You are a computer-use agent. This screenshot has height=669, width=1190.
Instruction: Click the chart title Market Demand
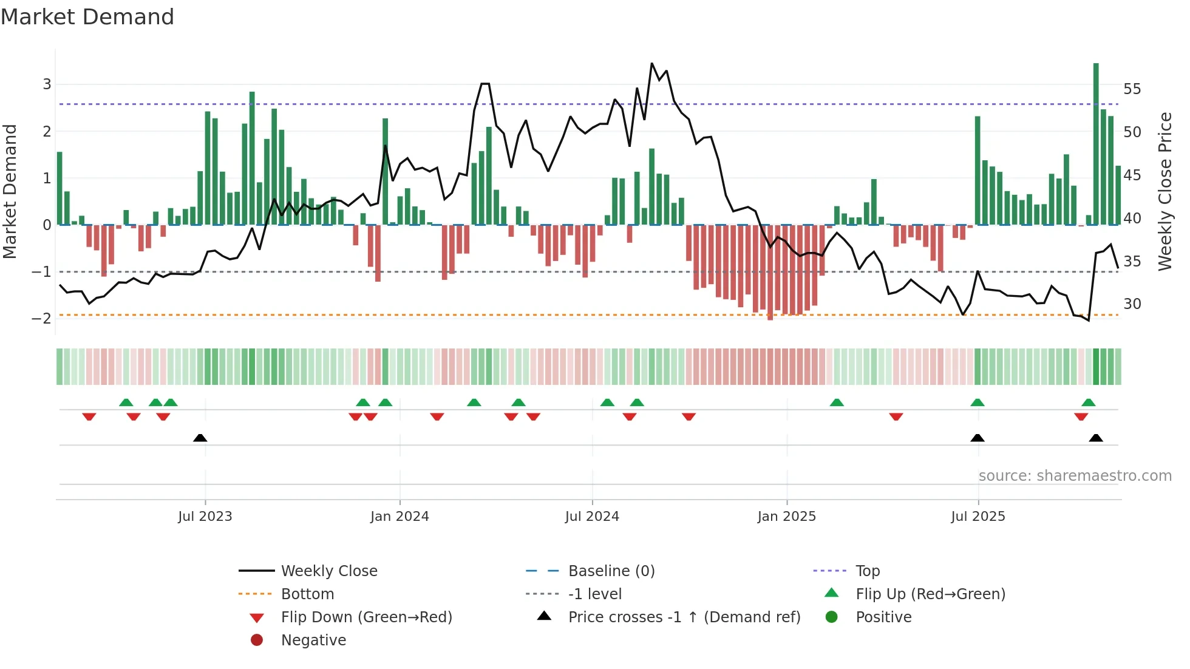(87, 17)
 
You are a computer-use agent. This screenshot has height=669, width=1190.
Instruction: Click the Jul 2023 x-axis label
(205, 517)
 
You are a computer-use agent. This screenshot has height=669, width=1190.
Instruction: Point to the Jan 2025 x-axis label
(787, 517)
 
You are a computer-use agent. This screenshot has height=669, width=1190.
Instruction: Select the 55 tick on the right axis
(1132, 89)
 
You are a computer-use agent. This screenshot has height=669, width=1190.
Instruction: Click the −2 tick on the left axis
(42, 319)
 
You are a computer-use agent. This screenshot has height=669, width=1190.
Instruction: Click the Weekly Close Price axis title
(1164, 191)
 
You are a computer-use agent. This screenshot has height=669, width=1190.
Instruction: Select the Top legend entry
(868, 571)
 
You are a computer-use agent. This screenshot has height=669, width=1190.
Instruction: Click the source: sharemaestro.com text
(1075, 476)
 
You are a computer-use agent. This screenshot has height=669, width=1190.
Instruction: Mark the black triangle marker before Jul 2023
(200, 438)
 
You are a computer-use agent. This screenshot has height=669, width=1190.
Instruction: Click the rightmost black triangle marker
(1096, 438)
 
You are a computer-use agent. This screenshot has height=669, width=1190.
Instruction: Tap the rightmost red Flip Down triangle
(1081, 416)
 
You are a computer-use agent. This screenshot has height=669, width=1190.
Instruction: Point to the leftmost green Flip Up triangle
(126, 402)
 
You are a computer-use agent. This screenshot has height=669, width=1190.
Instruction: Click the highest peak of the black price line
(652, 64)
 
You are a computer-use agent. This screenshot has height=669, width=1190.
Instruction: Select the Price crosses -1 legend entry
(684, 617)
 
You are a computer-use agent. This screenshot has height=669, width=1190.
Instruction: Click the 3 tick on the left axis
(47, 84)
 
